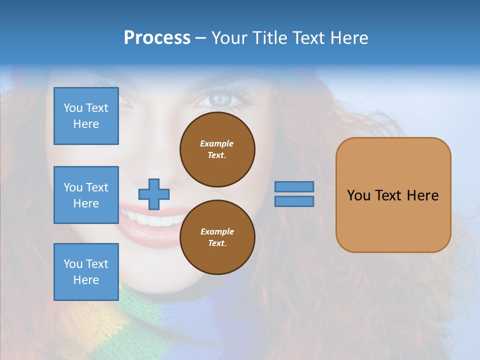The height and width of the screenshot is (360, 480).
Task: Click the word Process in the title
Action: tap(157, 38)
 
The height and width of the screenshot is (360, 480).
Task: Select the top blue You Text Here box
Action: tap(86, 116)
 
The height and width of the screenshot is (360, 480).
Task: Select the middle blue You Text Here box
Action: tap(86, 195)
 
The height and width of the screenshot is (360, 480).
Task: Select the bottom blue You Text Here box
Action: tap(86, 272)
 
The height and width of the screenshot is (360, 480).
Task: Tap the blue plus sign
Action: tap(154, 194)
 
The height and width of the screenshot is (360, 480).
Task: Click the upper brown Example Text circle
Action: tap(217, 149)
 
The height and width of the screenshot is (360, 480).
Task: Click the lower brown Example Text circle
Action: tap(217, 237)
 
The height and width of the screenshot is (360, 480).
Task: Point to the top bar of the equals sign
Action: tap(294, 186)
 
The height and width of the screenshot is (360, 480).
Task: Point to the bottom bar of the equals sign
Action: tap(294, 201)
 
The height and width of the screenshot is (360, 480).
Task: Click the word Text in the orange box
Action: tap(393, 195)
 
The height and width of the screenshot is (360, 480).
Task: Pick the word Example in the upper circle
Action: tap(217, 143)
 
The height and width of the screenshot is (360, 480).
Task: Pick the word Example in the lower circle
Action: tap(217, 231)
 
